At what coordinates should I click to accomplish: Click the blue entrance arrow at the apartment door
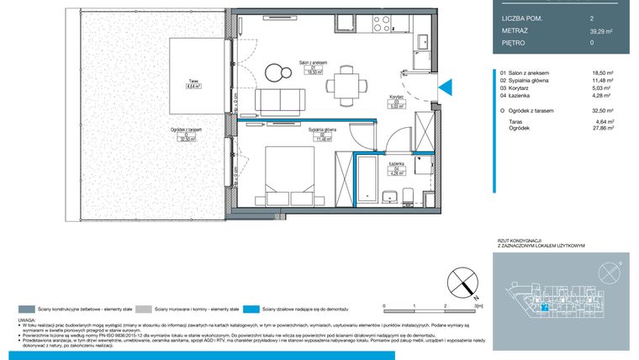446,85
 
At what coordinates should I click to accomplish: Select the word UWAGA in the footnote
27,320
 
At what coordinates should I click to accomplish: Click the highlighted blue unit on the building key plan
544,308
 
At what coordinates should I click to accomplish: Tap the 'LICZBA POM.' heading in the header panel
521,16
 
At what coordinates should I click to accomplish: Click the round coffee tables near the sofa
272,71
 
